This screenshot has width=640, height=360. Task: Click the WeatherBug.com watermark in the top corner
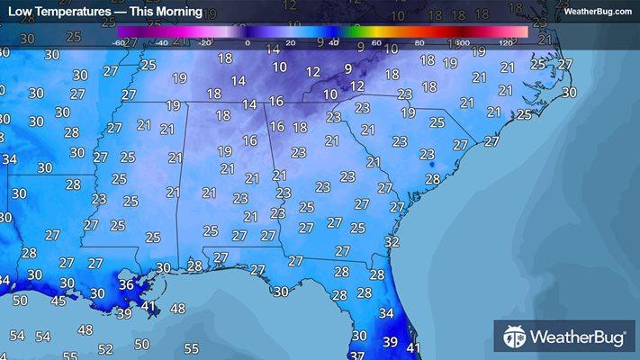[598, 11]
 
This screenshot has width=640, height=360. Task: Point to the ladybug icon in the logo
[515, 337]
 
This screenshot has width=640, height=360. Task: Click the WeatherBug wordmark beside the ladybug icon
[578, 337]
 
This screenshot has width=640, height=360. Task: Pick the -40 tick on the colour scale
[163, 42]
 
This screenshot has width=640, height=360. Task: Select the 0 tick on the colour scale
[247, 42]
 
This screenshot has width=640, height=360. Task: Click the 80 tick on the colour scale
[419, 42]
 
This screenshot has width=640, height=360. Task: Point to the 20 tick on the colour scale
[290, 42]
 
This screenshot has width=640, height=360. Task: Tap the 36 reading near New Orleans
[127, 285]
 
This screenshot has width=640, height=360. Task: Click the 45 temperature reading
[58, 301]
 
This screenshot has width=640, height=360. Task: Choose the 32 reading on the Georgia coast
[392, 242]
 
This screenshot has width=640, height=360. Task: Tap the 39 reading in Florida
[391, 342]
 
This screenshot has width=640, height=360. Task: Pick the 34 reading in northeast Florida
[386, 313]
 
